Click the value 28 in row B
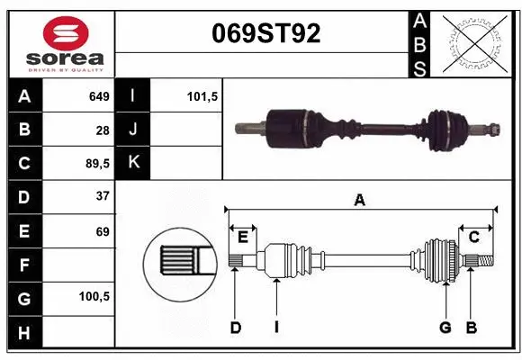[x=103, y=130]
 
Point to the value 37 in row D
[x=103, y=196]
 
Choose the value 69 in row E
[x=103, y=230]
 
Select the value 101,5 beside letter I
[x=202, y=95]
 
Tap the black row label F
[x=23, y=265]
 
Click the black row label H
[x=23, y=332]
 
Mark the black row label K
[x=133, y=164]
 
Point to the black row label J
[x=133, y=130]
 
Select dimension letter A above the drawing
[x=360, y=200]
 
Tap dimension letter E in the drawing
[x=242, y=237]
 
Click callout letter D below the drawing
[x=236, y=328]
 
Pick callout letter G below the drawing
[x=445, y=328]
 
